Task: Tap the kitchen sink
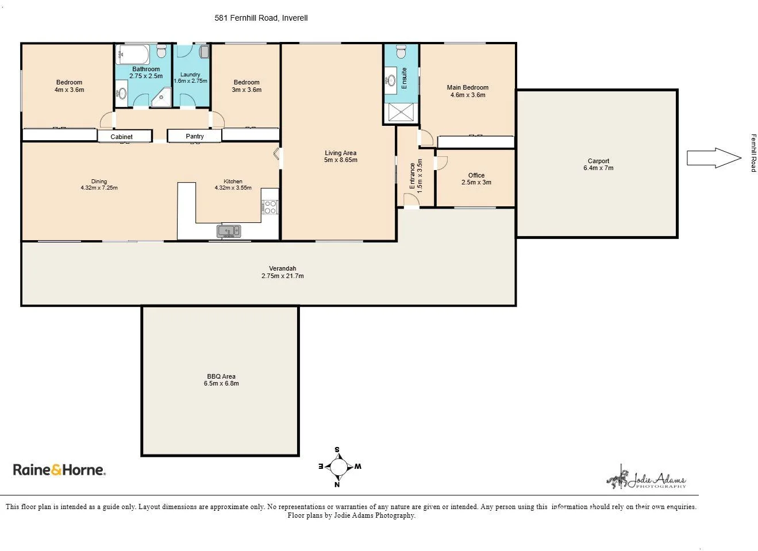[x=229, y=231]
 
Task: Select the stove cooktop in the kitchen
[x=270, y=207]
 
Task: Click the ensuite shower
[x=401, y=112]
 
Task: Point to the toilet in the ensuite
[x=401, y=52]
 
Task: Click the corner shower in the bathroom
[x=163, y=98]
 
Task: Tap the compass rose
[x=338, y=467]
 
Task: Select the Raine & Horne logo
[x=59, y=470]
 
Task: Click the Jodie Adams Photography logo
[x=647, y=479]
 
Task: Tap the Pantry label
[x=195, y=136]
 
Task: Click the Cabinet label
[x=122, y=137]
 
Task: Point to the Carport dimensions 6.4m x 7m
[x=598, y=168]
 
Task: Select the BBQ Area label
[x=221, y=376]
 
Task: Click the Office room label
[x=476, y=175]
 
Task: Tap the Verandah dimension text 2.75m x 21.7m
[x=283, y=276]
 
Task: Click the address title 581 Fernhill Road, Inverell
[x=261, y=18]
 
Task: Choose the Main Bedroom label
[x=468, y=88]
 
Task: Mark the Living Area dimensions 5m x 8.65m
[x=340, y=160]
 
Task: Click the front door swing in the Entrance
[x=410, y=200]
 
